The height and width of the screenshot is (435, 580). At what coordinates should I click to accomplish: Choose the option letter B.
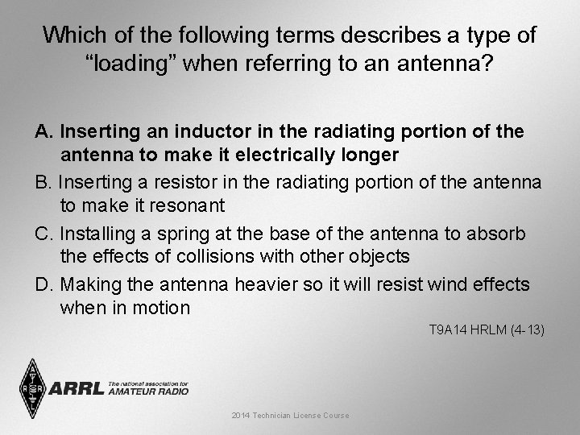pos(42,183)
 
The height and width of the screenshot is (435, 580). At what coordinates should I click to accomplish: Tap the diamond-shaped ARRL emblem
pos(33,388)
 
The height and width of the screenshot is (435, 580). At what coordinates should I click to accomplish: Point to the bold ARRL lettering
pos(77,389)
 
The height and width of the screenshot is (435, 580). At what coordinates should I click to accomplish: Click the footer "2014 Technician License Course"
pos(290,416)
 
